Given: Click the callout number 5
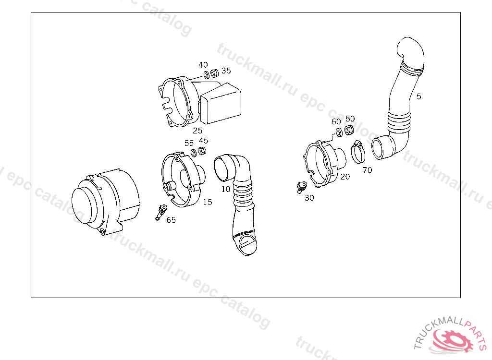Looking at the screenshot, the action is coord(418,96).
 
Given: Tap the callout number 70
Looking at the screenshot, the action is coord(367,170).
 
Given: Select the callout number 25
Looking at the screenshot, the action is coord(197,131).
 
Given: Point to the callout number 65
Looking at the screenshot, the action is coord(171,220).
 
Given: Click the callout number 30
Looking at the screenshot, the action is coord(309,198).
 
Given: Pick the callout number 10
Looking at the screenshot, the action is coord(226,189).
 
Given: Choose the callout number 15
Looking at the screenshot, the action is coord(208,202).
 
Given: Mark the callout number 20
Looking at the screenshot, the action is coord(345,177).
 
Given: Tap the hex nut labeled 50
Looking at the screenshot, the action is coord(349,130).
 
